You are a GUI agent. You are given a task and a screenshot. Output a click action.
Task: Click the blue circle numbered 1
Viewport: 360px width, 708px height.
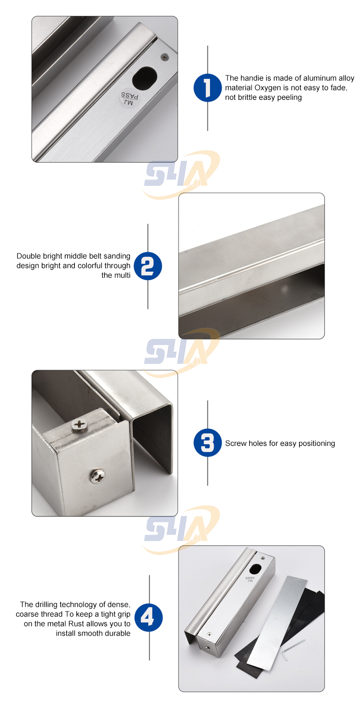(207, 87)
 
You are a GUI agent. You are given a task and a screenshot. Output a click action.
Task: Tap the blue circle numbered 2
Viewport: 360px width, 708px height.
(148, 266)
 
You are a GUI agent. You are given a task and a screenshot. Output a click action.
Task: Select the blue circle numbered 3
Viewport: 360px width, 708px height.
(207, 443)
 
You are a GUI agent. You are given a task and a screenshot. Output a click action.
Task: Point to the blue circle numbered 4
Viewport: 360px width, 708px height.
(148, 617)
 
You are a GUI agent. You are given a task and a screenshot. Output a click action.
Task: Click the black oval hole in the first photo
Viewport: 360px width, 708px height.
(144, 77)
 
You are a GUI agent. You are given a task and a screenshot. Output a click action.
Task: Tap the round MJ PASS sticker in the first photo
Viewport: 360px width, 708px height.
(129, 98)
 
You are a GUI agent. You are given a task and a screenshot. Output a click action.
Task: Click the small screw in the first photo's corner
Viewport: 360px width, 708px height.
(165, 57)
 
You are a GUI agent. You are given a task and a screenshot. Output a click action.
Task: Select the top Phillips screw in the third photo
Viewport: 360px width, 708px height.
(78, 424)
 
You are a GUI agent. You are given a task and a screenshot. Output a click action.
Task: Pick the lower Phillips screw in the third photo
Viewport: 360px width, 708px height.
(97, 476)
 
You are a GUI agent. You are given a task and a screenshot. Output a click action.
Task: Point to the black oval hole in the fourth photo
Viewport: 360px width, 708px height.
(255, 569)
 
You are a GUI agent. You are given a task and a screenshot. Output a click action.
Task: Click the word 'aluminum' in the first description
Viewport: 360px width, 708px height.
(320, 78)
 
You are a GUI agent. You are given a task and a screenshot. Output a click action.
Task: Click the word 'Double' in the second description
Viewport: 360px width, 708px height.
(28, 256)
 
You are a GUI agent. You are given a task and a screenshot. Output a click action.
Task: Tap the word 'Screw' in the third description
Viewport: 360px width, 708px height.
(236, 444)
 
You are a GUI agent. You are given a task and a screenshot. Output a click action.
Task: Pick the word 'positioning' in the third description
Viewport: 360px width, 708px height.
(317, 444)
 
